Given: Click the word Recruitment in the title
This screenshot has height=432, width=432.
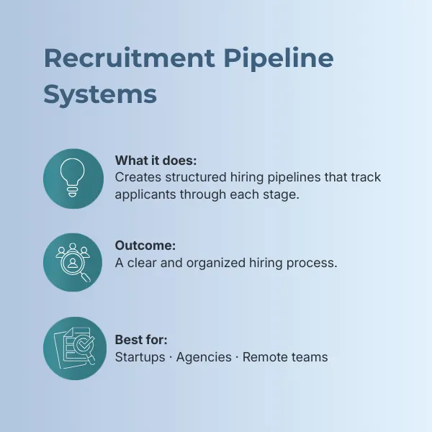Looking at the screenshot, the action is coord(129,58).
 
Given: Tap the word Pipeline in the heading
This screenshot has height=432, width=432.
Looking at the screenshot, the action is coord(279,60).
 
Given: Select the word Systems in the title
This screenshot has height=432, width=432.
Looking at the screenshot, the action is coord(100,95).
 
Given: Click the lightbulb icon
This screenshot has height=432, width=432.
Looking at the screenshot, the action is coord(73,178).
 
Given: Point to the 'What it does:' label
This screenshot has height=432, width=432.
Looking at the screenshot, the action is coord(156,161).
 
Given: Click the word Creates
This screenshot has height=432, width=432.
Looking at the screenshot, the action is coord(138,177).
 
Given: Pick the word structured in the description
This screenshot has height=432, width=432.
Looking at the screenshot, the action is coord(196,177).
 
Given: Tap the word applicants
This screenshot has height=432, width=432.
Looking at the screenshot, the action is coord(145,195).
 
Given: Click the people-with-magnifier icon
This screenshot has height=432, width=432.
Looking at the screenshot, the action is coord(73,262).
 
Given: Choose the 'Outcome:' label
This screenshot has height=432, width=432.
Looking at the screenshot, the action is coord(145,246).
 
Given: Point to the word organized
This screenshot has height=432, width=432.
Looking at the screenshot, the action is coord(216,263).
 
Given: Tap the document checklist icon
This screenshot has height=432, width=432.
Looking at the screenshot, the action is coord(74,348).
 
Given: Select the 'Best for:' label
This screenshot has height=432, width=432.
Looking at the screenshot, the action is coord(141,340).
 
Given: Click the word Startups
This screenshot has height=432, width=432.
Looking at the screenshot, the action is coord(140,357).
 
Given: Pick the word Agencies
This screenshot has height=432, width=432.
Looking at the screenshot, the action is coord(204,357).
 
